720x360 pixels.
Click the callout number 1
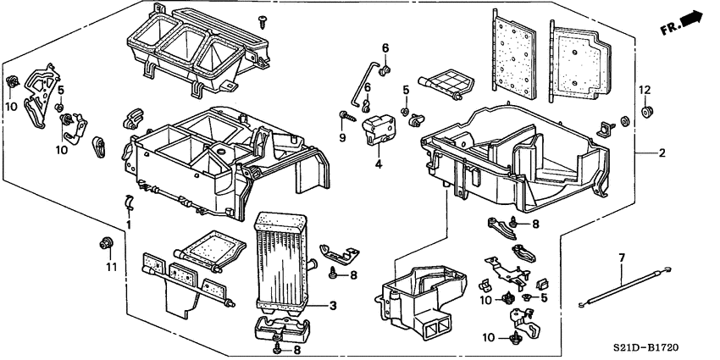pos(129,225)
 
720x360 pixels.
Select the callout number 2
pos(662,153)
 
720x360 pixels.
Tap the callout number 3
pos(334,305)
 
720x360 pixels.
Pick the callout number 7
pos(621,257)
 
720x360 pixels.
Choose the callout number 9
pos(344,137)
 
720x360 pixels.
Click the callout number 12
pos(644,90)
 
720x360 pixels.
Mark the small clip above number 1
pos(128,202)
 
